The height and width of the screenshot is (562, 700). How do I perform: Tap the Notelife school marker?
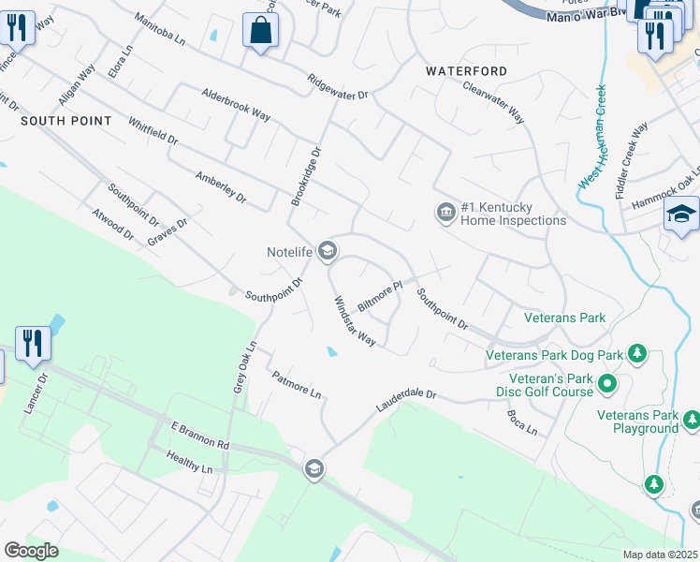tap(328, 250)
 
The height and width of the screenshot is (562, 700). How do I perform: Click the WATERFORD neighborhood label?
tap(466, 71)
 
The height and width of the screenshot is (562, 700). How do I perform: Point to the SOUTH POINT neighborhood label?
tap(66, 122)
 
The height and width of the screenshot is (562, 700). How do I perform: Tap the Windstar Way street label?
tap(355, 321)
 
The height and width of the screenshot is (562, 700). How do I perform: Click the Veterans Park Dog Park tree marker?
tap(637, 353)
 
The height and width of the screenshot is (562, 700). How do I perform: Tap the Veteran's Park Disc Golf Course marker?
tap(606, 383)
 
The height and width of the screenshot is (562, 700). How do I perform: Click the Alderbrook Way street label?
tap(236, 105)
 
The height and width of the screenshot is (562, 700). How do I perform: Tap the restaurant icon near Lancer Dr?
tap(33, 343)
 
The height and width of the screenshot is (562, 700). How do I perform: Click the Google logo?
tap(31, 550)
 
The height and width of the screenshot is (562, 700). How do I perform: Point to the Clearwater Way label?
tap(493, 102)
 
